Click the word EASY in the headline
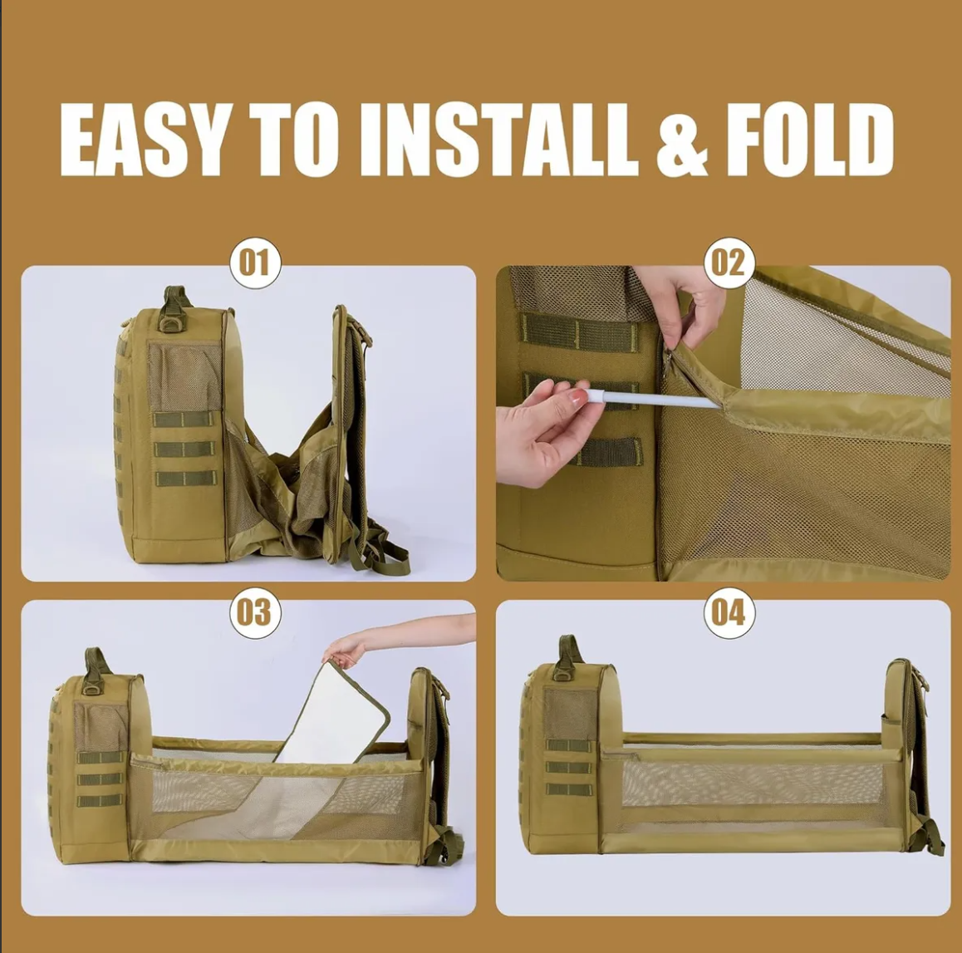[x=142, y=140]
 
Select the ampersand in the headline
[x=683, y=140]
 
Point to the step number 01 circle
[x=255, y=263]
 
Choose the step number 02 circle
[x=729, y=263]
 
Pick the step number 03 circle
[x=255, y=612]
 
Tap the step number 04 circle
[x=729, y=612]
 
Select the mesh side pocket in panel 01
[x=184, y=376]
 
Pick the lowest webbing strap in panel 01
[x=185, y=479]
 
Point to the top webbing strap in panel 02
[x=580, y=332]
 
